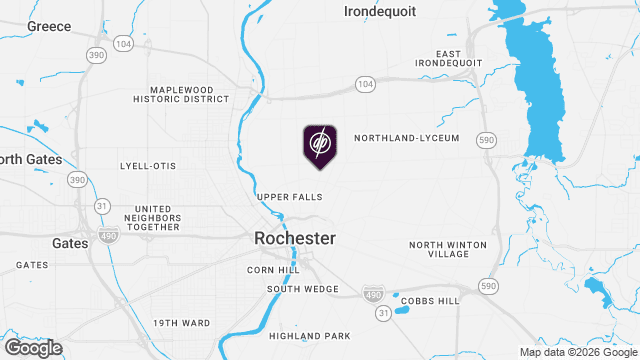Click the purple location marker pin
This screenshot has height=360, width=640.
pyautogui.click(x=320, y=146)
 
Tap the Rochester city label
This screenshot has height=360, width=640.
pyautogui.click(x=295, y=239)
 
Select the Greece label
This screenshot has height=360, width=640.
pyautogui.click(x=49, y=27)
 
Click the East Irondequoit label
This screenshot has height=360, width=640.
pyautogui.click(x=461, y=59)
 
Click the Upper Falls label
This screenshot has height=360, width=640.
pyautogui.click(x=290, y=197)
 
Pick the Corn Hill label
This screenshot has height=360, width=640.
pyautogui.click(x=274, y=270)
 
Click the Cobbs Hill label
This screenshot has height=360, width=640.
pyautogui.click(x=430, y=301)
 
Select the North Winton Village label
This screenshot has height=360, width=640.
pyautogui.click(x=448, y=250)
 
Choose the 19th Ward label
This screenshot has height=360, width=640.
pyautogui.click(x=182, y=323)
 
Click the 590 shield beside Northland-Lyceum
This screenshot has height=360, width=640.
pyautogui.click(x=486, y=140)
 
